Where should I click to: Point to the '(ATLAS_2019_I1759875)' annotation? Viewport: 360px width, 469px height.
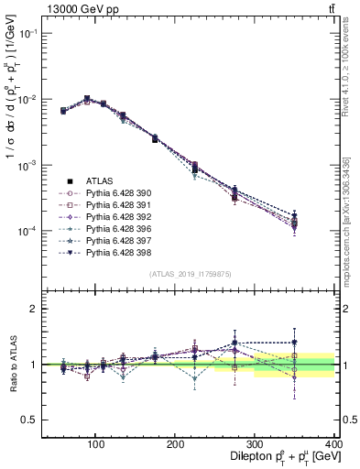190,273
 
